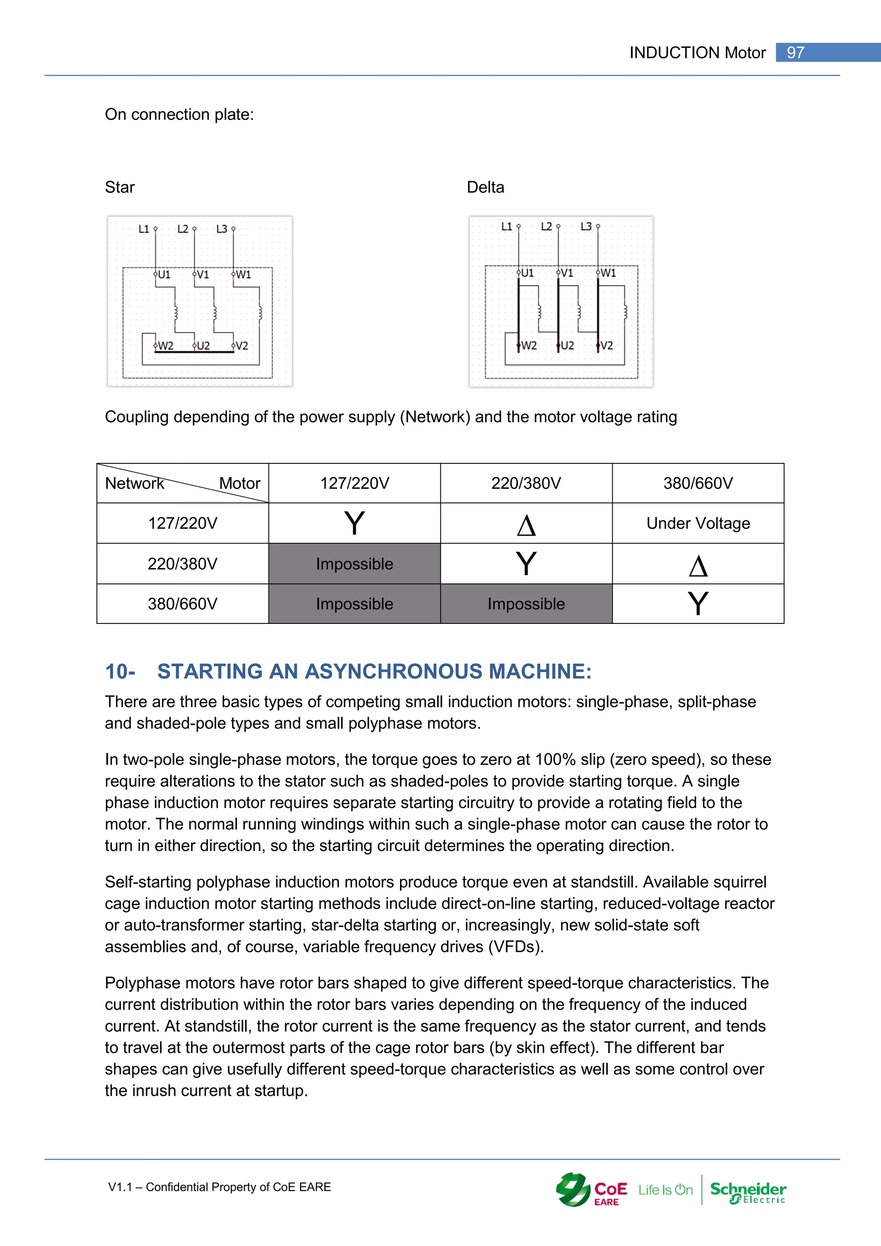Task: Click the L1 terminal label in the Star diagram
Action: coord(143,229)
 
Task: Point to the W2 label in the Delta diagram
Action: coord(528,345)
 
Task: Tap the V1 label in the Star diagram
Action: coord(202,274)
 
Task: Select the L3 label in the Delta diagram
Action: coord(586,226)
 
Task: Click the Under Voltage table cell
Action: coord(698,523)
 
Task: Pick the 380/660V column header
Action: coord(698,483)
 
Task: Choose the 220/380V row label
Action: coord(182,564)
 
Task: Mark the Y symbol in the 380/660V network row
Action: coord(698,604)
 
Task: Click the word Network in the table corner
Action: coord(135,483)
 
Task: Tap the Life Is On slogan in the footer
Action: coord(665,1190)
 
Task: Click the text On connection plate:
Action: coord(179,114)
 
